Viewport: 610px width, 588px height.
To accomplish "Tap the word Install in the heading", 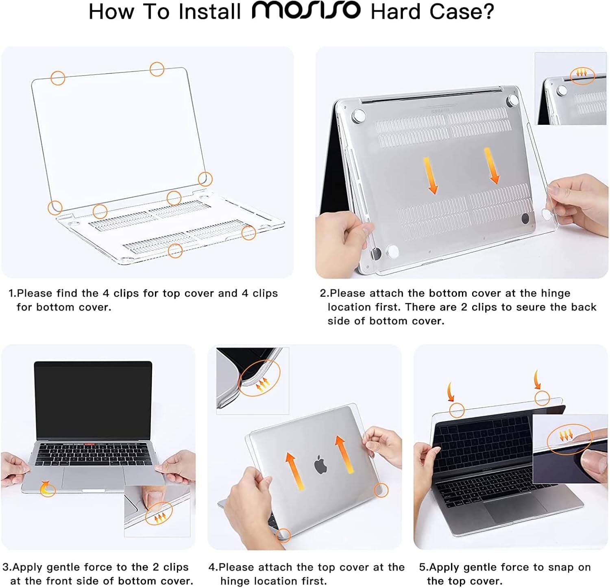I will click(x=210, y=11).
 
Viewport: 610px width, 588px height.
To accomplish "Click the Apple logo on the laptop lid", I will click(x=320, y=464).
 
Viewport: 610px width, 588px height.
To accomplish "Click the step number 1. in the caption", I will click(x=13, y=293).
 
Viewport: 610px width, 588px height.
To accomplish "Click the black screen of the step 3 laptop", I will click(x=93, y=398).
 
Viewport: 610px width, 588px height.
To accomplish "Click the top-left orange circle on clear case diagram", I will click(x=58, y=78).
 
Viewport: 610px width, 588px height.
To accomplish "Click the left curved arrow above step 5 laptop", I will click(x=451, y=392).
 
